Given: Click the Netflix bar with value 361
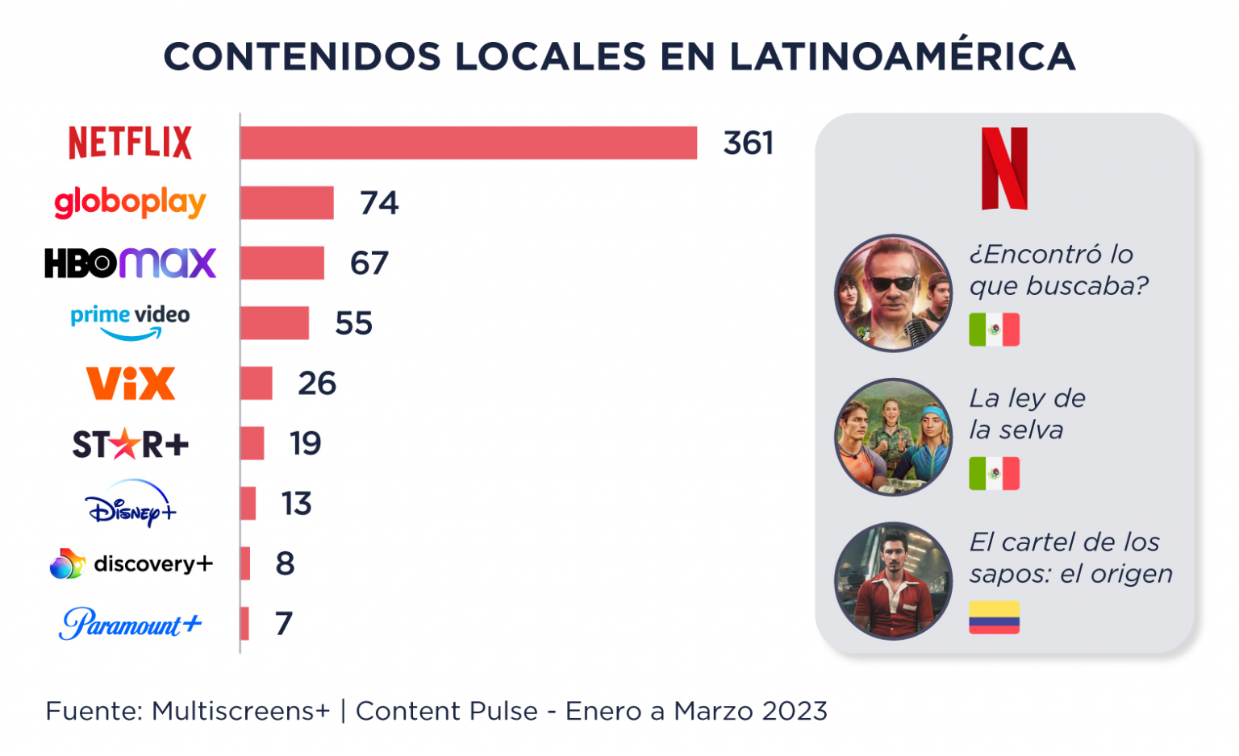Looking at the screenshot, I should pos(468,143).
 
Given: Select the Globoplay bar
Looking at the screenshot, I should pos(286,203).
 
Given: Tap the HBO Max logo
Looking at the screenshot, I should pos(130,263).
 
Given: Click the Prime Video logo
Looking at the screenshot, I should pos(130,322).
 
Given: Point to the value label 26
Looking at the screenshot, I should pos(316,384).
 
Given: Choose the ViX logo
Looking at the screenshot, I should pos(130,384).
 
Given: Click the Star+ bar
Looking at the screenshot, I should pos(252,443).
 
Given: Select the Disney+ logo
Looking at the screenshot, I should pos(130,505).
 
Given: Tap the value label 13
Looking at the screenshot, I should pos(296,504).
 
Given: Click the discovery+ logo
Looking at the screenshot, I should pos(131,564).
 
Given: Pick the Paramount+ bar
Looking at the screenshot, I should pos(244,624).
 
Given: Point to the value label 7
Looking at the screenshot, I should pos(283,624).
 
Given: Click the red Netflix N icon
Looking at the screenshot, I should pos(1004,168).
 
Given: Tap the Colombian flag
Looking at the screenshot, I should pos(994,617).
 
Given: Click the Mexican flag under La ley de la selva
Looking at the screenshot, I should pos(994,474).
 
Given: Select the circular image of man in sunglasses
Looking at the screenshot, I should pos(893,293).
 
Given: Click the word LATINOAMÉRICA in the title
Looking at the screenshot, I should pos(902,56).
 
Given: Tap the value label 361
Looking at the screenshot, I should pos(748,143).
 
